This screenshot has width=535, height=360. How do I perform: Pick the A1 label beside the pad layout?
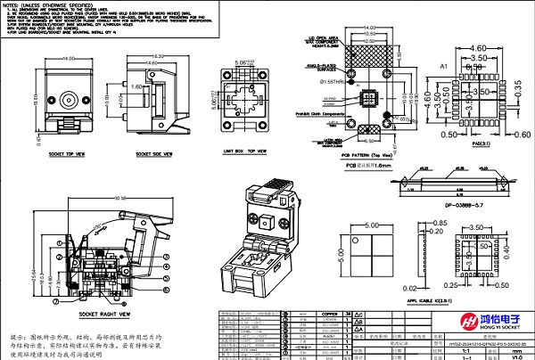[442, 68]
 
